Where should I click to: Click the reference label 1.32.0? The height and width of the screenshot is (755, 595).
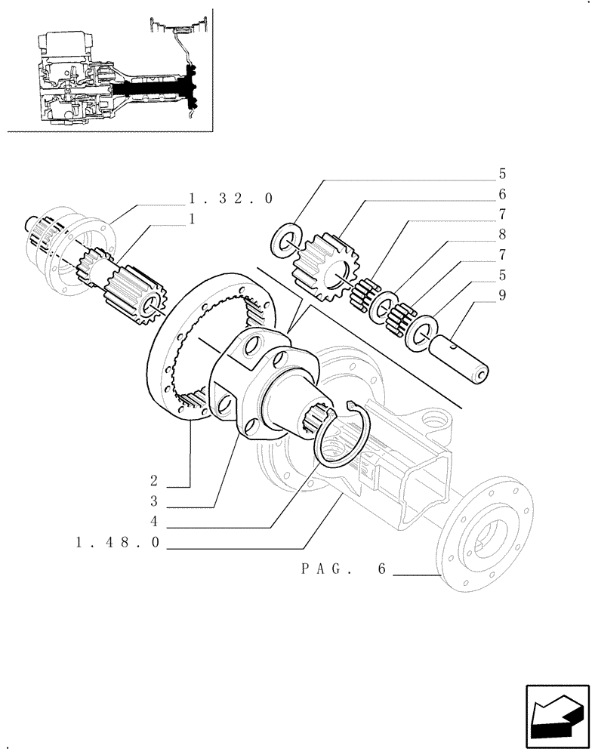[230, 199]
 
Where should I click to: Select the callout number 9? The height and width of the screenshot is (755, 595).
[502, 296]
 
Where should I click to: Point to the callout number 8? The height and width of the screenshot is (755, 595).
[502, 235]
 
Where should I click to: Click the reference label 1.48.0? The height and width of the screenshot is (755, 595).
[119, 543]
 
